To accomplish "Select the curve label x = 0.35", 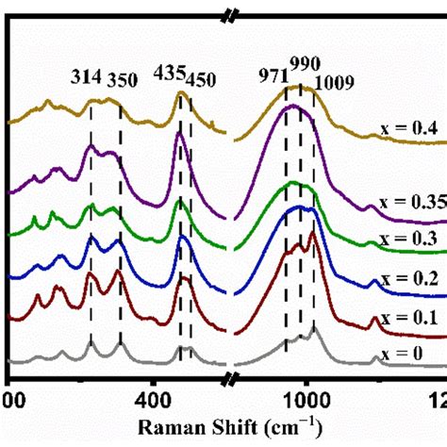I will (x=415, y=202).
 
